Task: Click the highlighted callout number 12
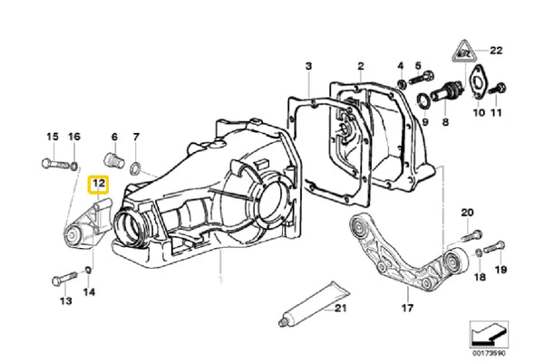pos(98,187)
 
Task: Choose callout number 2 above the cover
pos(360,66)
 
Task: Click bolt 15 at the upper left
pos(54,164)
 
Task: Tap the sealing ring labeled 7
pos(135,168)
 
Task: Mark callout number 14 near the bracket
pos(89,291)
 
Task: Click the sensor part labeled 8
pos(446,93)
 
